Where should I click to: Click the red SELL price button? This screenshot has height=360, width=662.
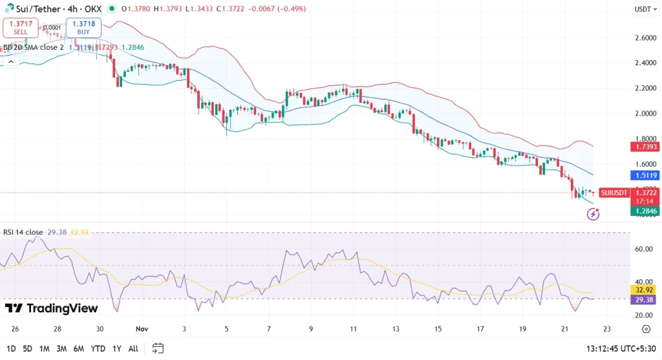21,27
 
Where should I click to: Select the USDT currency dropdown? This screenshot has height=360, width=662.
644,9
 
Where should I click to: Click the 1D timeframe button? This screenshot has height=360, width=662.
10,348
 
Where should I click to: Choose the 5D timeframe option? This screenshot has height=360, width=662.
27,348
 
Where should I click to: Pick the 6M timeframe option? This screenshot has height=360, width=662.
78,348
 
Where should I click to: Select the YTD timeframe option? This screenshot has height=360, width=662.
98,348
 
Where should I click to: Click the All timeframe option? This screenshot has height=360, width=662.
133,348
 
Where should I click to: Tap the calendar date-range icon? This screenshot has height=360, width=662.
158,348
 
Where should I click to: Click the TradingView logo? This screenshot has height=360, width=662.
52,308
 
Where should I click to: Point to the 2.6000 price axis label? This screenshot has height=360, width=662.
645,38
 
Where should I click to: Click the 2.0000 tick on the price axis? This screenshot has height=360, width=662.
645,114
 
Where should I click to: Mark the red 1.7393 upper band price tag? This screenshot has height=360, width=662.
644,147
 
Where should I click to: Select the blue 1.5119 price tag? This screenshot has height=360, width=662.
644,175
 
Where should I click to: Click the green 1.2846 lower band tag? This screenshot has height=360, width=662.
644,211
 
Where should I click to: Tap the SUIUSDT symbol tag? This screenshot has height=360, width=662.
614,193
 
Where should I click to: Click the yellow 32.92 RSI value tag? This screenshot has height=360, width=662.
644,290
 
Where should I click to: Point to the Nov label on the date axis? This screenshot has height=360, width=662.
141,329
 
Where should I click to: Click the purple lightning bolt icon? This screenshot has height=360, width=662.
593,214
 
